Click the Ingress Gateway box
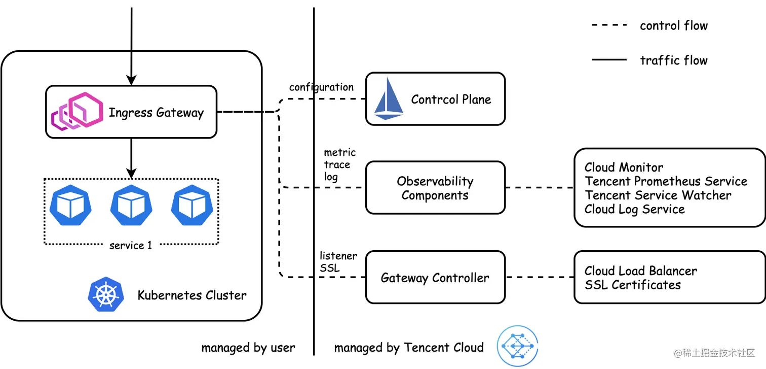131,112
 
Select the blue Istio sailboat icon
388,99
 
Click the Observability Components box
435,188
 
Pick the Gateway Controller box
435,278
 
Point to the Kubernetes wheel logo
106,294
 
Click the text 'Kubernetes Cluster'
192,295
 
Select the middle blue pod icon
131,205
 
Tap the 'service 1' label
131,246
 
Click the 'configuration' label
321,87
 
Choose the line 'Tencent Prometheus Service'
666,181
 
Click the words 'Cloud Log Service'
634,209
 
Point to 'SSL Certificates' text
632,285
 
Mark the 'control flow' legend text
673,25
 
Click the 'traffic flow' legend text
673,60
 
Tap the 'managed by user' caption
248,348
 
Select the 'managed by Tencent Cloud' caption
409,348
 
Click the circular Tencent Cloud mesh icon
517,346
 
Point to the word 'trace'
337,164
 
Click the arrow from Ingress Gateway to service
131,158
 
